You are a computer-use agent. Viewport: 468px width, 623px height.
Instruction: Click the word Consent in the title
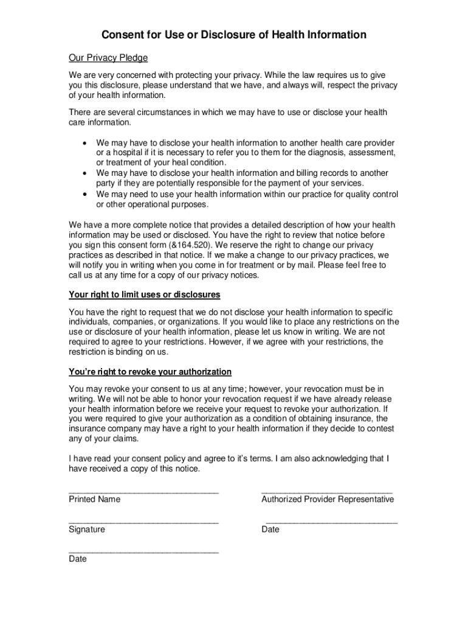coord(122,35)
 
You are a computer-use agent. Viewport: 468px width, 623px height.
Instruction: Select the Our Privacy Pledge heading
coord(108,58)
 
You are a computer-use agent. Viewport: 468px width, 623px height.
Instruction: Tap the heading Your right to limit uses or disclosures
coord(145,295)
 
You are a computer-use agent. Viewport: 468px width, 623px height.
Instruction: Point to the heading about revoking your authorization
coord(150,372)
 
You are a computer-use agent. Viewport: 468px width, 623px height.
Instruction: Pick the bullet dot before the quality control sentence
coord(84,194)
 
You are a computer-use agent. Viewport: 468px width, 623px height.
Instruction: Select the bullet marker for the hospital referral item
coord(84,142)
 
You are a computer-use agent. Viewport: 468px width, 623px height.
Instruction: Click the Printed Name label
coord(94,499)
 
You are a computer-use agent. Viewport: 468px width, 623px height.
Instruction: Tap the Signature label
coord(86,529)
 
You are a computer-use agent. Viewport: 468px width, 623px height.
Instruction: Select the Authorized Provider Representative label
coord(327,499)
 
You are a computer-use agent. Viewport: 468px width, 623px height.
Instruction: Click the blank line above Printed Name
coord(143,491)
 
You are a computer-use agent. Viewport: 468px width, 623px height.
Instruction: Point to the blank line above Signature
coord(143,521)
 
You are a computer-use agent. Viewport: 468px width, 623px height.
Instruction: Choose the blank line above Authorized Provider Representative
coord(326,491)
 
